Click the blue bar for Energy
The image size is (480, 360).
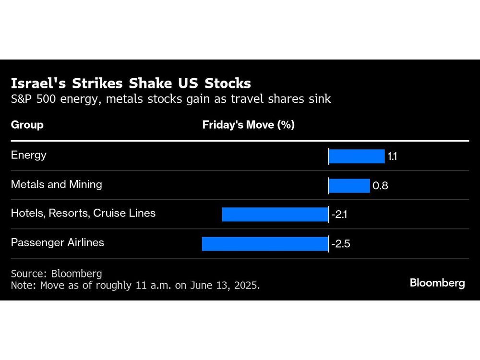click(x=357, y=156)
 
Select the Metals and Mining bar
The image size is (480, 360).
click(x=349, y=185)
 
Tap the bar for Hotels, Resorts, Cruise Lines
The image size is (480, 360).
click(x=275, y=214)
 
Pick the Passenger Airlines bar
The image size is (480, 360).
click(x=264, y=243)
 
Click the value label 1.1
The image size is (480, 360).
click(x=392, y=157)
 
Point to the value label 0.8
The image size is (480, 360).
click(x=380, y=186)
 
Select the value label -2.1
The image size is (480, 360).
click(x=339, y=215)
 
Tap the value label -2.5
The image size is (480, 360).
click(x=341, y=244)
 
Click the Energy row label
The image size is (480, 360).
click(x=29, y=155)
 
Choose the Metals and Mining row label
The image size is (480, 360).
click(x=56, y=184)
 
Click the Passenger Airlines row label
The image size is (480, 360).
click(x=58, y=242)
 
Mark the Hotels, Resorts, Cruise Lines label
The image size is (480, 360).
click(x=83, y=213)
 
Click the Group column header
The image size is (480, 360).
click(x=27, y=125)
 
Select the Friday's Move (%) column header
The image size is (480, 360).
click(x=248, y=125)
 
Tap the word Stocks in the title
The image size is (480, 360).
click(x=228, y=84)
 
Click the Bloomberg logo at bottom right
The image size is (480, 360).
click(x=437, y=283)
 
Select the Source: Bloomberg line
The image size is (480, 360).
click(x=56, y=274)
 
